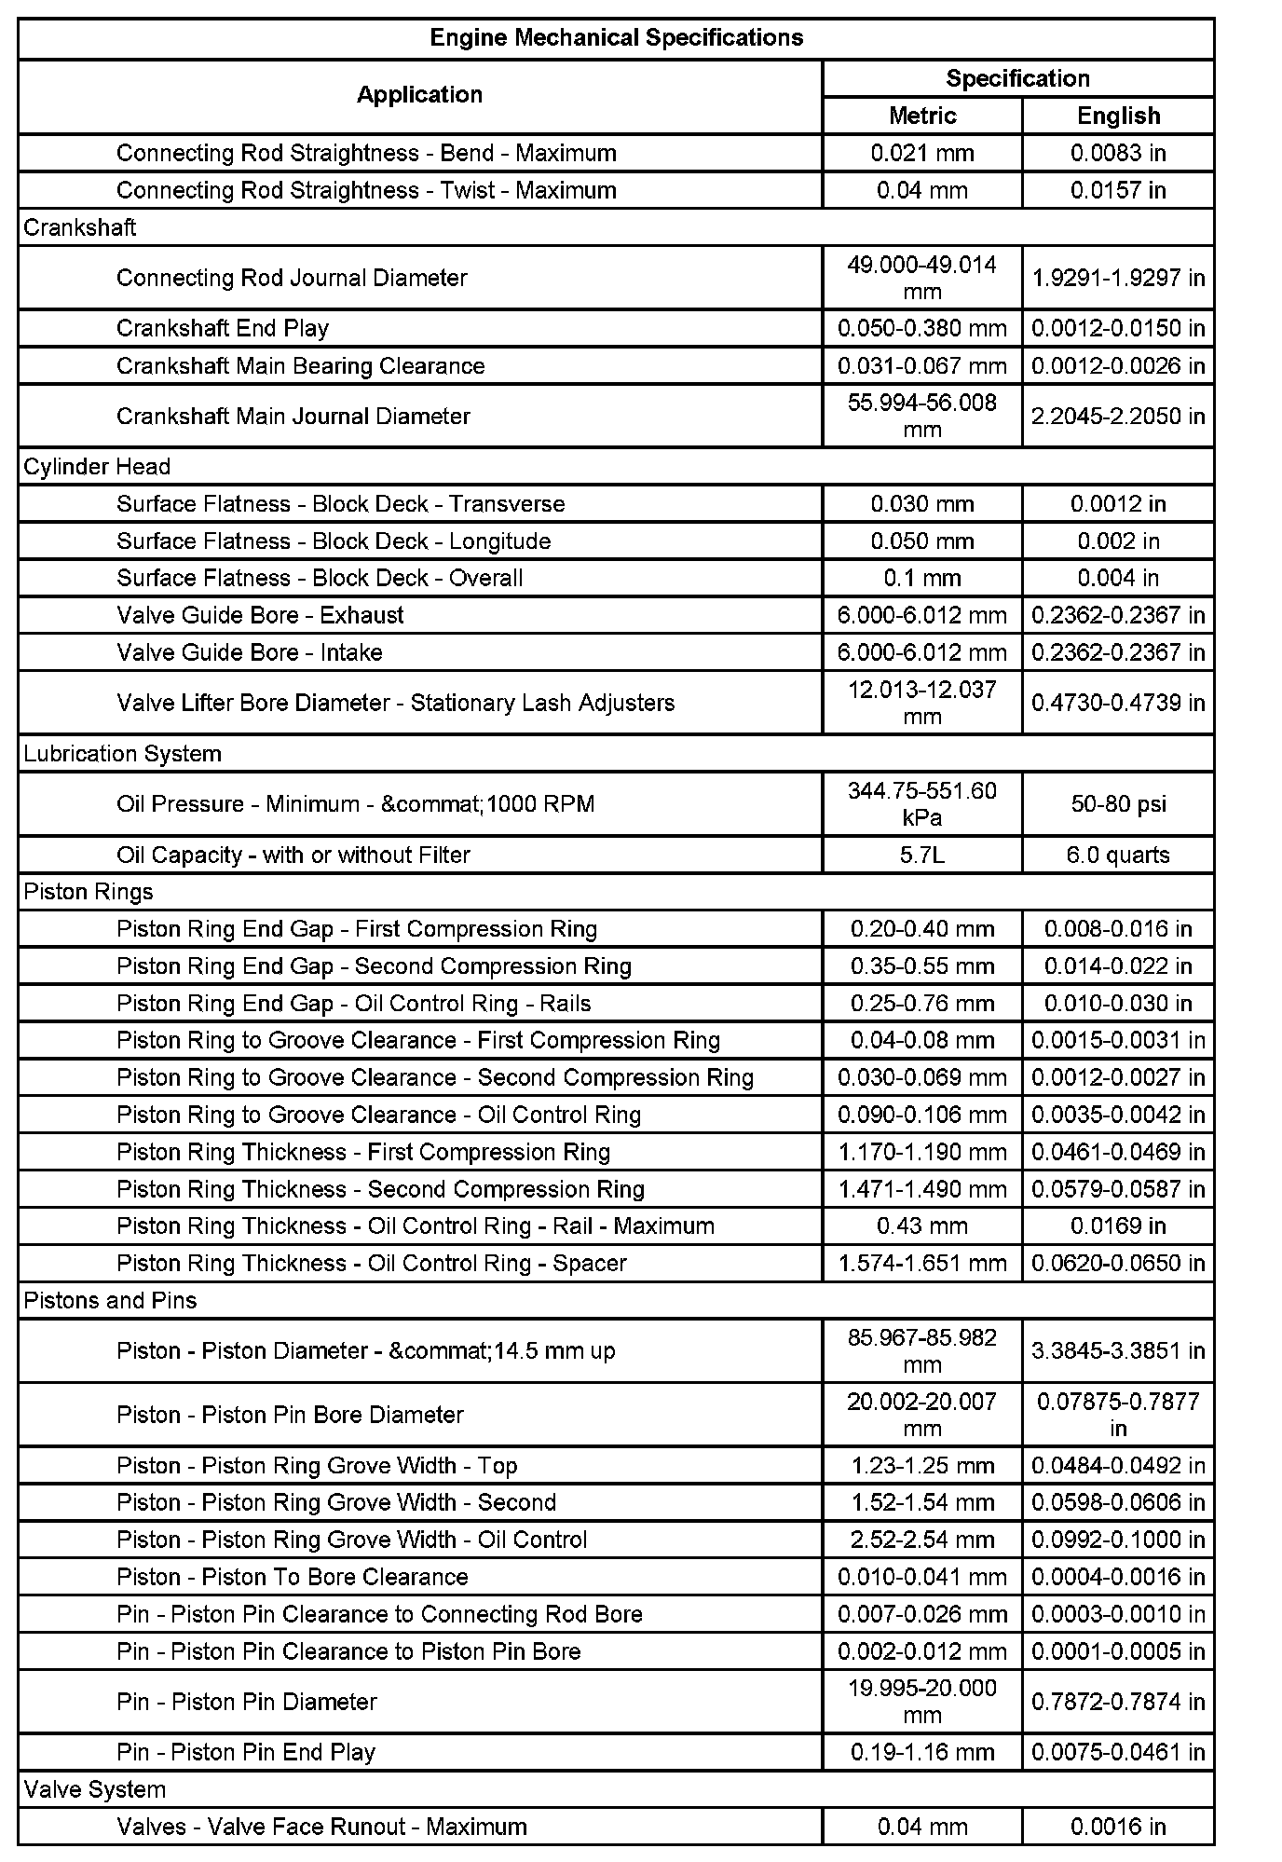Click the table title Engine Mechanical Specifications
coord(616,38)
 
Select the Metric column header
coord(922,116)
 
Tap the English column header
coord(1118,116)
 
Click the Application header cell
coord(419,95)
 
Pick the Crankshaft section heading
coord(80,227)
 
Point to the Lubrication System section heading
coord(123,753)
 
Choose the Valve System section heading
coord(95,1789)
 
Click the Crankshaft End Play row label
coord(223,328)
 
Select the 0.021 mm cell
coord(922,153)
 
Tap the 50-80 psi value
coord(1118,804)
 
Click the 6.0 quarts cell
coord(1118,855)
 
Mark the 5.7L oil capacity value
coord(922,855)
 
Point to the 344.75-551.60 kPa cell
coord(922,804)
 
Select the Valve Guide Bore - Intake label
coord(250,652)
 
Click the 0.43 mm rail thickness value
coord(922,1225)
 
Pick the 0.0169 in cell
coord(1118,1225)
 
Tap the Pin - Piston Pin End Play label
coord(246,1752)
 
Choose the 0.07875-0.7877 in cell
coord(1118,1415)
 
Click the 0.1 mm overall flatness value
coord(922,578)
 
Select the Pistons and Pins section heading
coord(111,1300)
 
